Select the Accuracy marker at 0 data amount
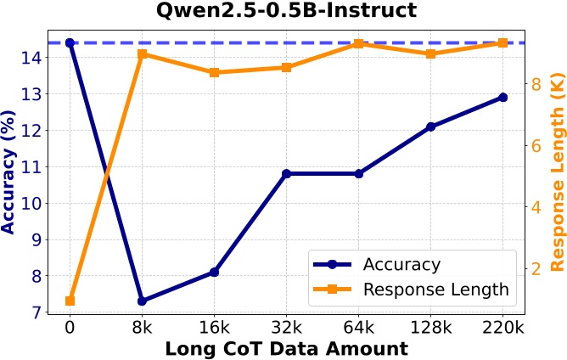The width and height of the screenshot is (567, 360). click(x=70, y=42)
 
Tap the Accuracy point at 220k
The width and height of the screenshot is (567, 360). click(x=502, y=98)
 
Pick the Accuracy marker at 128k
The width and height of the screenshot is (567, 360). click(x=430, y=127)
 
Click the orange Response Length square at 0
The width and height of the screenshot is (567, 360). click(x=70, y=301)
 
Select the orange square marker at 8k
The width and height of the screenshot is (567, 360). click(x=142, y=54)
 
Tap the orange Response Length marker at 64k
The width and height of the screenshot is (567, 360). click(x=358, y=43)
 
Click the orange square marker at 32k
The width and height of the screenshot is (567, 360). click(x=286, y=67)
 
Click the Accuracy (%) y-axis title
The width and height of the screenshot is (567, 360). click(x=10, y=172)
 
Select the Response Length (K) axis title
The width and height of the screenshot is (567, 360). click(x=556, y=172)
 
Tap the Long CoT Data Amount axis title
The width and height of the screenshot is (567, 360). click(x=286, y=348)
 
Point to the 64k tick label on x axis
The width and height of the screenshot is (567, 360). click(x=358, y=326)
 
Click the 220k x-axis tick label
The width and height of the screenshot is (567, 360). click(x=502, y=326)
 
